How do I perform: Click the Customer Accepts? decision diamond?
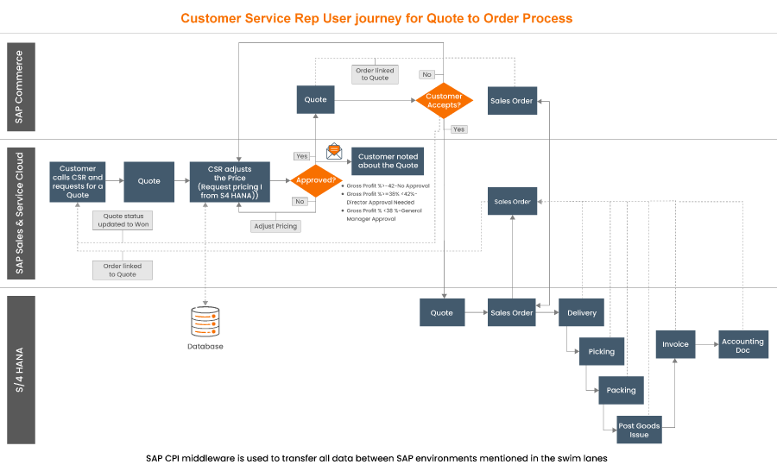[444, 101]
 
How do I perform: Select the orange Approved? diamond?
[316, 181]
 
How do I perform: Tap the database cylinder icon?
[205, 322]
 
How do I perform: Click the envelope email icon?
[334, 153]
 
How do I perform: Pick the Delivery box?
[582, 313]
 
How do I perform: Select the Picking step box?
[602, 351]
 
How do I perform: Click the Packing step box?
[621, 390]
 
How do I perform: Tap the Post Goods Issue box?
[640, 429]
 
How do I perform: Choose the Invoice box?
[675, 344]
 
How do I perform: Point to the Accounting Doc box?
[742, 345]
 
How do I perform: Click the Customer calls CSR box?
[78, 181]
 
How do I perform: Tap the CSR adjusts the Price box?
[231, 181]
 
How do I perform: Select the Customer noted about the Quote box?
[388, 161]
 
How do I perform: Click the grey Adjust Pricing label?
[275, 226]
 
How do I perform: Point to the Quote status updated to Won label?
[123, 221]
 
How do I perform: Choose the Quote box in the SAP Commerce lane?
[316, 100]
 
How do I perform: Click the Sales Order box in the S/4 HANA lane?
[511, 313]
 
